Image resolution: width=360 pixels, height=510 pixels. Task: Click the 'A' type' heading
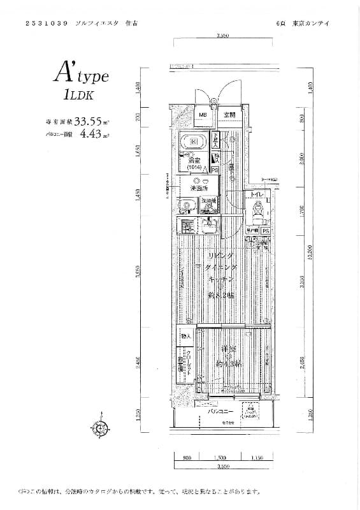pos(81,76)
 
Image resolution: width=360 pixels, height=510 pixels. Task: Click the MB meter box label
pos(203,115)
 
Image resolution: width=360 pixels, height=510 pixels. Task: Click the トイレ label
pos(257,194)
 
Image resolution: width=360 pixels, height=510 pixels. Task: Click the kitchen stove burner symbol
pos(187,226)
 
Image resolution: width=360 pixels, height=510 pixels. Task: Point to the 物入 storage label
pos(186,335)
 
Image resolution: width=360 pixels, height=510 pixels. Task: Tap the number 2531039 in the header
pos(47,24)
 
